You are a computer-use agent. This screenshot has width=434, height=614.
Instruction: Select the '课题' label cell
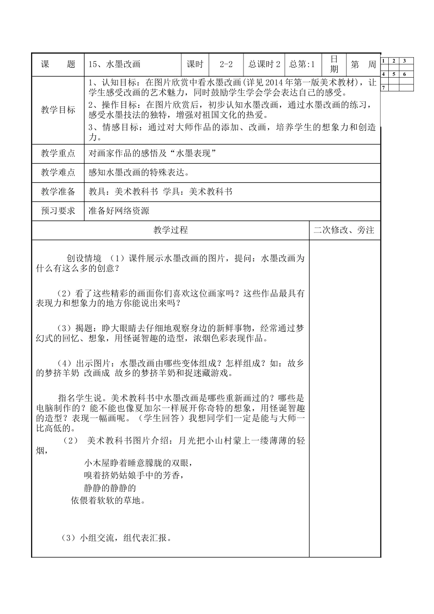coord(58,64)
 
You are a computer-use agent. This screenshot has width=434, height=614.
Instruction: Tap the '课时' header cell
coord(195,64)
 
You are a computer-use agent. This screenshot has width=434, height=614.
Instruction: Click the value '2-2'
coord(226,64)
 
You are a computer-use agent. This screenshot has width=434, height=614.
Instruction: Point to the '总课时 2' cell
coord(264,64)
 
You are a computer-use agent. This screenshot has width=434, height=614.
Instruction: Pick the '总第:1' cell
coord(302,64)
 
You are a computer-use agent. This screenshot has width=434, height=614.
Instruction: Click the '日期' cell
coord(334,64)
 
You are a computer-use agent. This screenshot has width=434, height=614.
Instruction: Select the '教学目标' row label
coord(58,110)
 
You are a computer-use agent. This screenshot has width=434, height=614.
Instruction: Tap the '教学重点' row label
coord(58,153)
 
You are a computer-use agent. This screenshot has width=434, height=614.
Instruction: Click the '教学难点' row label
coord(58,173)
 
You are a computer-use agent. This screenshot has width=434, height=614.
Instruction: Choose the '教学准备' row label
coord(58,192)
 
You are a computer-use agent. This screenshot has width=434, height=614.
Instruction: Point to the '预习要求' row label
coord(58,211)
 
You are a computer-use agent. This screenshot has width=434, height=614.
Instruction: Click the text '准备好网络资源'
coord(119,211)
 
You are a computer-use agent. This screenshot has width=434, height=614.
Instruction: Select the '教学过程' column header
coord(170,230)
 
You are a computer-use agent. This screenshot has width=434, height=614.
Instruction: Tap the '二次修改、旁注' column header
coord(344,230)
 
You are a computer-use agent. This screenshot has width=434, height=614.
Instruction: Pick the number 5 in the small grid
coord(394,74)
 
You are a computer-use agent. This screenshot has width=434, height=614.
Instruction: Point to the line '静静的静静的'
coord(110,488)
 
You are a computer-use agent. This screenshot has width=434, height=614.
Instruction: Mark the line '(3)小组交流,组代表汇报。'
coord(116,538)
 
